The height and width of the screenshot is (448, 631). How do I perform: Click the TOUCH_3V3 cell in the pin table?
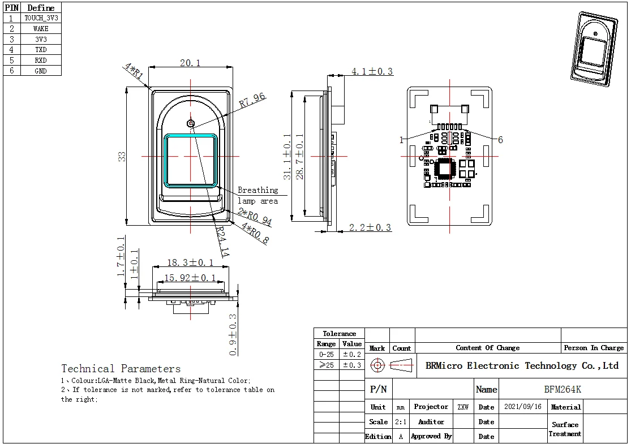41,18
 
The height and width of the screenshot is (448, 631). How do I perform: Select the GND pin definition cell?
41,71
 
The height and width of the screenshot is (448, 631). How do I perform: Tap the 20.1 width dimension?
190,63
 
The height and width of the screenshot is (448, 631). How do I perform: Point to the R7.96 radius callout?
252,101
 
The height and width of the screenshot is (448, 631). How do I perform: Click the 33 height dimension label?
122,157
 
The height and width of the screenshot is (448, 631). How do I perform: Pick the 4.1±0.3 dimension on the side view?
372,72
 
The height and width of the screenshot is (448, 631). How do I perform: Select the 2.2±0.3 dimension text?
370,228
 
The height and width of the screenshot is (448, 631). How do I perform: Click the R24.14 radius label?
222,244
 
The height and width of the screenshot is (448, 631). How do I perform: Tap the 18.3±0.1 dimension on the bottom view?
190,263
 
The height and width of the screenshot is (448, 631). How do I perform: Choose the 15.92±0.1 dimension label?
190,278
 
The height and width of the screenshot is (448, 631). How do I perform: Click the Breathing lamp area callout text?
257,196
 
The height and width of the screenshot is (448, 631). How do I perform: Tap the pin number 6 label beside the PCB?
500,140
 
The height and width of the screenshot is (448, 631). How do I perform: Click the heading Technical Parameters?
121,369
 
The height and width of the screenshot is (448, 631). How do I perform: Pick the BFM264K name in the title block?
562,390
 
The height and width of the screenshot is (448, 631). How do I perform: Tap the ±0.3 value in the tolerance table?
351,365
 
